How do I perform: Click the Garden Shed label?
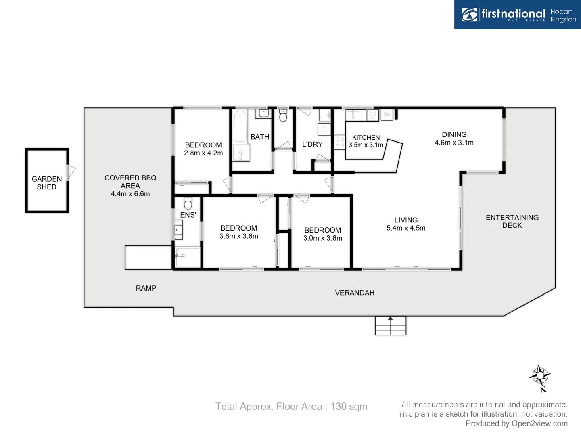[x=47, y=183]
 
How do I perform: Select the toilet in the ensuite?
[x=188, y=203]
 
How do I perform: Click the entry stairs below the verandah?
[x=390, y=326]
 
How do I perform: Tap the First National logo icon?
[x=470, y=15]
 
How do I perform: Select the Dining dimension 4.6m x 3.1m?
[x=454, y=143]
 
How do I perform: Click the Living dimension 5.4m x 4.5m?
[x=406, y=228]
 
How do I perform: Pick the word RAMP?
[x=146, y=288]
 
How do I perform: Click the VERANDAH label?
[x=355, y=293]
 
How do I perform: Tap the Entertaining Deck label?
[x=512, y=221]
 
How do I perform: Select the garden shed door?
[x=71, y=173]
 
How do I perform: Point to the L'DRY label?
[x=312, y=144]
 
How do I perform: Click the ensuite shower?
[x=187, y=257]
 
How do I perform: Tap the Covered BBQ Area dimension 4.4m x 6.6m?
[x=130, y=194]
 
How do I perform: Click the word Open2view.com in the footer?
[x=539, y=423]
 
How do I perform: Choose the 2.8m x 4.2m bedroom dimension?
[x=203, y=153]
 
